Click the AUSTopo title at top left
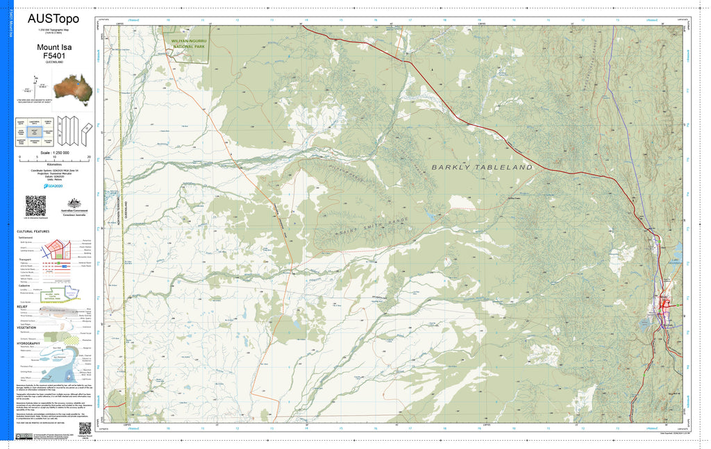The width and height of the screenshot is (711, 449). tap(53, 19)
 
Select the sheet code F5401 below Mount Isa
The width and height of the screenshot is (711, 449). tap(53, 56)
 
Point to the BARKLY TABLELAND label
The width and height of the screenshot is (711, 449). tap(482, 167)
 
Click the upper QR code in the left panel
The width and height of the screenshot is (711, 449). tap(35, 205)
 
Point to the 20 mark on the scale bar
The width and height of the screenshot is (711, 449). tap(89, 158)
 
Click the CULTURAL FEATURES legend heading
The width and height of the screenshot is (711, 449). tap(33, 231)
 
